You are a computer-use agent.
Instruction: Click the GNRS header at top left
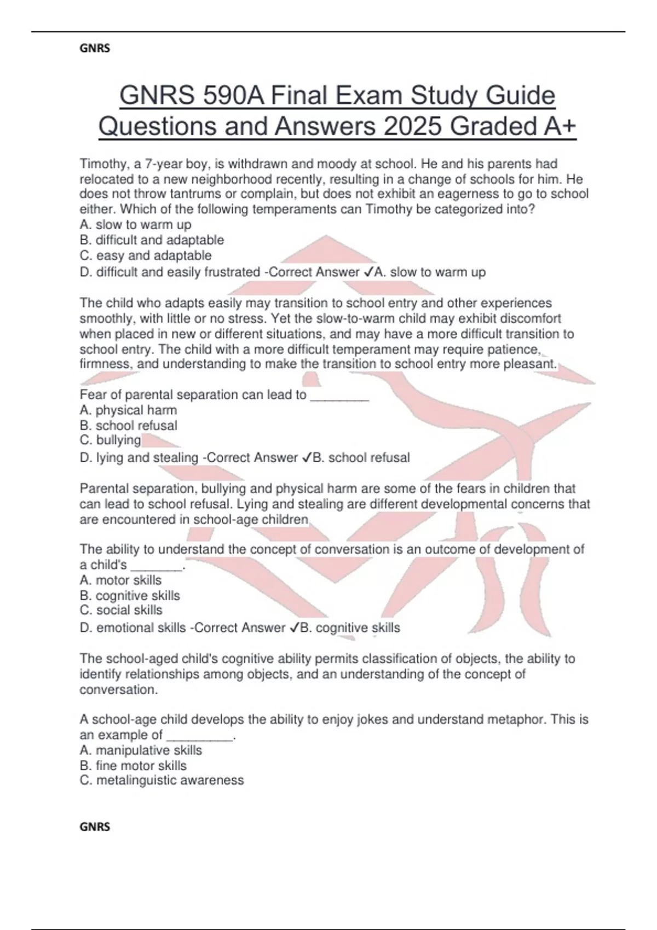pyautogui.click(x=95, y=49)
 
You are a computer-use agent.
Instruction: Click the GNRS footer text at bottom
pyautogui.click(x=95, y=827)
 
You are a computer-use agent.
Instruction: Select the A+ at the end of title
pyautogui.click(x=560, y=126)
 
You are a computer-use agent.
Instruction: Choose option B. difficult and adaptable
pyautogui.click(x=152, y=240)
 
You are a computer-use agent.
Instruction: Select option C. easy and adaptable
pyautogui.click(x=145, y=255)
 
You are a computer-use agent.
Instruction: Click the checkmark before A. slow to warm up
pyautogui.click(x=368, y=272)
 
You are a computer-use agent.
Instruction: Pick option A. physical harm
pyautogui.click(x=128, y=410)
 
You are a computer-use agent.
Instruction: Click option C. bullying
pyautogui.click(x=110, y=440)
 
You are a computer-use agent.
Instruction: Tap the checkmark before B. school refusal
pyautogui.click(x=306, y=458)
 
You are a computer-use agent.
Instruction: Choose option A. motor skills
pyautogui.click(x=120, y=580)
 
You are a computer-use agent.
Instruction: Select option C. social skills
pyautogui.click(x=121, y=611)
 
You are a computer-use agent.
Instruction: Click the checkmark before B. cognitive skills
pyautogui.click(x=294, y=628)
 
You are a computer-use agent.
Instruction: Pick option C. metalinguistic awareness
pyautogui.click(x=162, y=781)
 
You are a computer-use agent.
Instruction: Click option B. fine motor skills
pyautogui.click(x=133, y=766)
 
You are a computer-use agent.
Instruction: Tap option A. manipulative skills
pyautogui.click(x=141, y=751)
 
